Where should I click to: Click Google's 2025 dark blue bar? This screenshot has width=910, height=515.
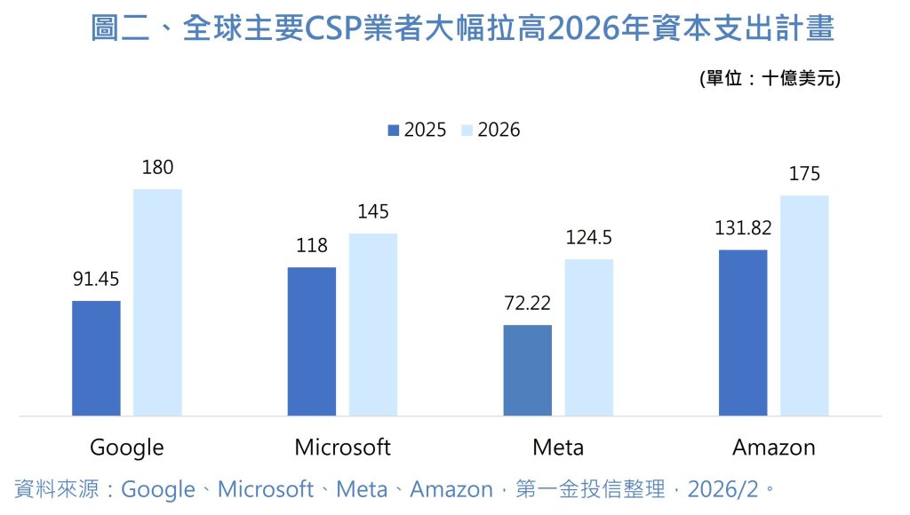coord(96,358)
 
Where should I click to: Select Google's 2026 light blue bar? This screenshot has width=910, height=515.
coord(157,302)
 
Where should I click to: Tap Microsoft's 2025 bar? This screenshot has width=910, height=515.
coord(312,341)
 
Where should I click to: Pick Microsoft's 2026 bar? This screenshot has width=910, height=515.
coord(373,324)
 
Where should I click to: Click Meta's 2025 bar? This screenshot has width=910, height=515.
coord(527,370)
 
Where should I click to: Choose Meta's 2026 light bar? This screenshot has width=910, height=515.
coord(588,337)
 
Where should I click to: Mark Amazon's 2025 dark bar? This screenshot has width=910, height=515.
coord(743,332)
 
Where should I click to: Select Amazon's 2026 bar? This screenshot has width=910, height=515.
coord(804,305)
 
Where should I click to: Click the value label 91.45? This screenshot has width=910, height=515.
coord(96,279)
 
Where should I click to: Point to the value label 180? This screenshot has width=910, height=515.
coord(157,167)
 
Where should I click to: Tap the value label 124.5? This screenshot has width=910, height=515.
coord(588,238)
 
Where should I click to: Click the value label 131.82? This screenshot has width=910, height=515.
coord(743,228)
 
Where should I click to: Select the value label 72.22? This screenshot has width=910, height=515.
coord(527,304)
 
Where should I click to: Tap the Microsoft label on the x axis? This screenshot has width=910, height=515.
coord(342,447)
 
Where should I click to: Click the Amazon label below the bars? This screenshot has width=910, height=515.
coord(773,447)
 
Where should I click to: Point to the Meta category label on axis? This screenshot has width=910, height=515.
coord(558,447)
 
